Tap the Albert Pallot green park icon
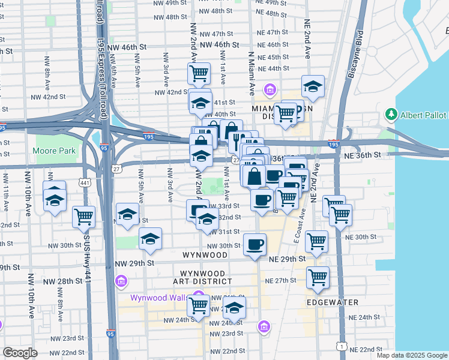[392, 114]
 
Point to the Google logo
[20, 353]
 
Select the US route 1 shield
[342, 346]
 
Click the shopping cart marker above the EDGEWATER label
[317, 277]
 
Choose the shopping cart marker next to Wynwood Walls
[198, 305]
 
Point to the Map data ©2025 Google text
[412, 355]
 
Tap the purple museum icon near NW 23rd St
[263, 327]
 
